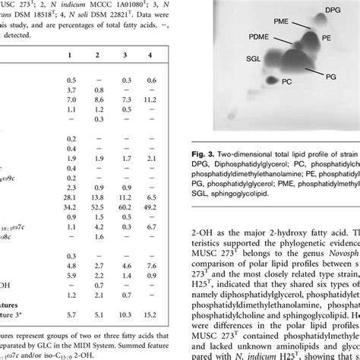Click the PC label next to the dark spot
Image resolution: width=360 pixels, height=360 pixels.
(x=286, y=102)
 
